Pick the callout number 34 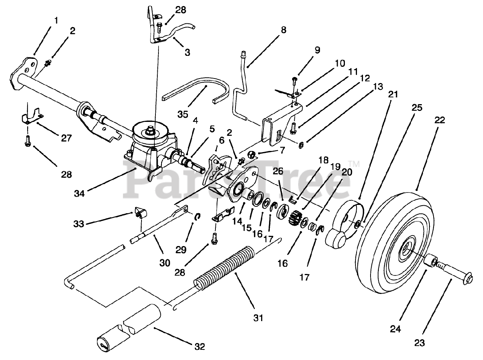79,194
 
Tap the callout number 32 200,347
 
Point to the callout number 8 284,30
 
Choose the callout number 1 56,20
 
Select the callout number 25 417,108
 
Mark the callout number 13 378,87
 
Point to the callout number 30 165,263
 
